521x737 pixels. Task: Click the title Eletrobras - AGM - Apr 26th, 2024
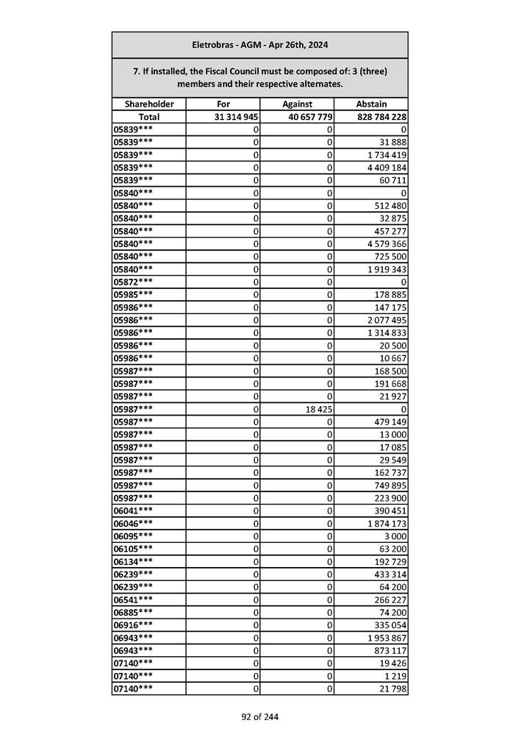click(x=259, y=45)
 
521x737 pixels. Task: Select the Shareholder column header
click(x=149, y=104)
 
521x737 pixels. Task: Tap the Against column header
click(x=297, y=104)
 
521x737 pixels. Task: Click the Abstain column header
click(x=371, y=104)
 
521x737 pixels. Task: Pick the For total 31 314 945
click(x=236, y=117)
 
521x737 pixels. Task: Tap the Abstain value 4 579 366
click(x=387, y=243)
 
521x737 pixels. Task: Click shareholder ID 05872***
click(x=134, y=282)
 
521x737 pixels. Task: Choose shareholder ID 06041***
click(x=134, y=510)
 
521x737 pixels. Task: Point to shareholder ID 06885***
click(x=134, y=612)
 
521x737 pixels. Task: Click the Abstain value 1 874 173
click(x=387, y=523)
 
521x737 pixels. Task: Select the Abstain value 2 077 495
click(x=387, y=320)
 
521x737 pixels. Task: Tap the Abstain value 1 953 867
click(x=387, y=638)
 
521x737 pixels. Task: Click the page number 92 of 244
click(x=260, y=717)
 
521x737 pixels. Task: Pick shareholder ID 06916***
click(x=134, y=624)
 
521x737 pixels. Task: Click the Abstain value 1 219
click(x=395, y=676)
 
